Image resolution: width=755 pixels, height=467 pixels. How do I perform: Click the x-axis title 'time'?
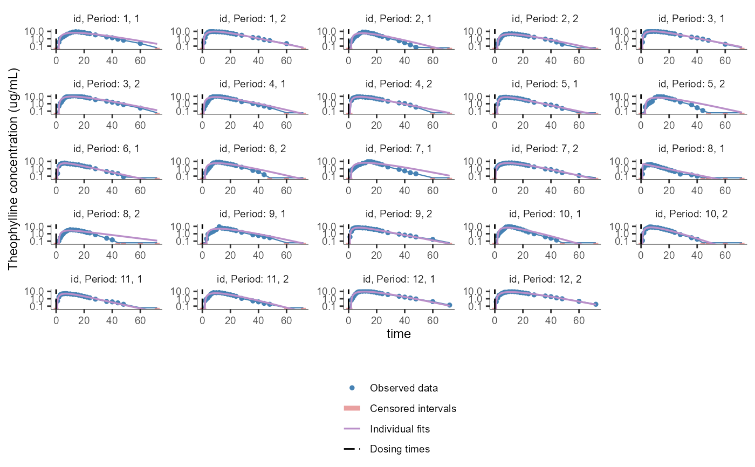pos(399,334)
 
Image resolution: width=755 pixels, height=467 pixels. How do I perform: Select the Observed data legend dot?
pos(352,388)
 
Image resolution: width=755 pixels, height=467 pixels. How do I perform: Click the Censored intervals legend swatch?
pos(352,408)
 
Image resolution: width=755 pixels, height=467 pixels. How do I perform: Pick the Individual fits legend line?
pos(352,429)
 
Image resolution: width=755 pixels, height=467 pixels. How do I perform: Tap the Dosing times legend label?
pos(400,449)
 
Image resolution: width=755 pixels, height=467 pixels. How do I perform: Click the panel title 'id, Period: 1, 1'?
pos(106,19)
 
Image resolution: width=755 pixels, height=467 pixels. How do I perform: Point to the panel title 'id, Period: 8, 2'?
pos(106,214)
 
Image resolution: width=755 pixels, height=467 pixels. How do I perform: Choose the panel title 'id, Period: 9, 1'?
pos(252,214)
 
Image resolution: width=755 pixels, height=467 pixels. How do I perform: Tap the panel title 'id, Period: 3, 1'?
pos(691,19)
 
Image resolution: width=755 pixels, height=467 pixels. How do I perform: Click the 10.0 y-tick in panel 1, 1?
pos(41,31)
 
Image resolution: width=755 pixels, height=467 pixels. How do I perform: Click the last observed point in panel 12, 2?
pos(596,305)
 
